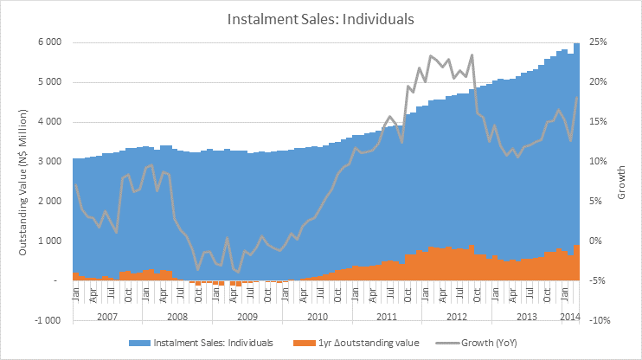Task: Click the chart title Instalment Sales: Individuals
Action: tap(321, 19)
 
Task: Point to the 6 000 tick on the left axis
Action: tap(49, 42)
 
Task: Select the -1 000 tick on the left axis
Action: tap(47, 320)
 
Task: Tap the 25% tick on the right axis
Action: tap(598, 42)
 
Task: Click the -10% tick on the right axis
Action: tap(599, 320)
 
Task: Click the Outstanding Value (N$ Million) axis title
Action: tap(22, 182)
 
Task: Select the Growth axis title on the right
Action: tap(621, 183)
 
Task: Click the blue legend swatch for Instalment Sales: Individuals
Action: tap(139, 343)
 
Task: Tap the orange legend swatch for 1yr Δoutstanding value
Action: tap(305, 343)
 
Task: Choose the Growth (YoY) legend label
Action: tap(489, 343)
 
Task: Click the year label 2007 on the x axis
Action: tap(107, 317)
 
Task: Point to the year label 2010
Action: tap(318, 317)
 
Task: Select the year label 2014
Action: tap(570, 317)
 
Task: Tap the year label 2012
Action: tap(457, 317)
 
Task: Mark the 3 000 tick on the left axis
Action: tap(49, 161)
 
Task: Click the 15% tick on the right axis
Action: tap(598, 122)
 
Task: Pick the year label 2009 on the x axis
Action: tap(247, 317)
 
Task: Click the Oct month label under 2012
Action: tap(477, 295)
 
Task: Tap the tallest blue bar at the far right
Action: tap(576, 161)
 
